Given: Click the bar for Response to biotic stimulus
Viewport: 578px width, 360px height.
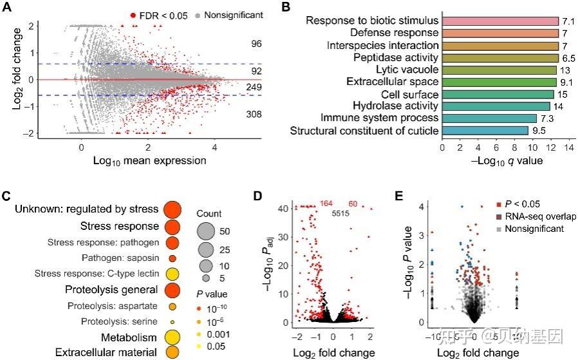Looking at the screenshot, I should [x=499, y=21].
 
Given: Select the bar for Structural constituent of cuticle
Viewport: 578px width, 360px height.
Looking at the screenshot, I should [x=485, y=131].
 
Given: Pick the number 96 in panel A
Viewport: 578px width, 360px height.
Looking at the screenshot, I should [x=256, y=44].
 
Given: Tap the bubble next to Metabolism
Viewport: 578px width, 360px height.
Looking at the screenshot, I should [x=172, y=337].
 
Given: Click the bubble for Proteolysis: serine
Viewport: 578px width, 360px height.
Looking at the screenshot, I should [x=172, y=321].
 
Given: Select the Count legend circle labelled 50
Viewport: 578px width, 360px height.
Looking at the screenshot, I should [x=207, y=231].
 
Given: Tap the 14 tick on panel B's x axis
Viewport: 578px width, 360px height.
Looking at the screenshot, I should [x=568, y=147].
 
